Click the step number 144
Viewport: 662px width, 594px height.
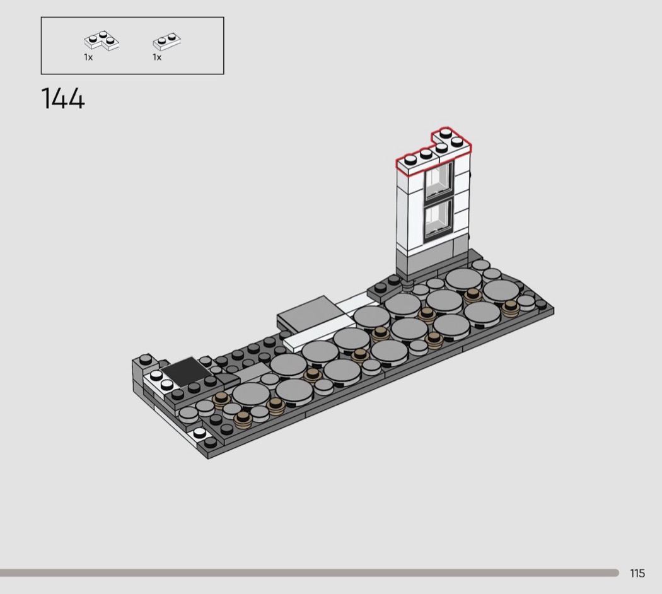pos(63,99)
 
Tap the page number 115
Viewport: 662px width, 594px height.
pos(637,573)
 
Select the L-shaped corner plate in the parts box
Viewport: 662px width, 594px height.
pos(102,40)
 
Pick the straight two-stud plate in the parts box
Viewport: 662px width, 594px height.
pos(167,40)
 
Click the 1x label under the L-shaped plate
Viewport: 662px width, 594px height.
pos(88,57)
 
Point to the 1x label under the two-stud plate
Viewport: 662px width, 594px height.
pos(157,57)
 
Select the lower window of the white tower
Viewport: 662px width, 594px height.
pos(439,220)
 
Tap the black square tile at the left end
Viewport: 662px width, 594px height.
pos(186,370)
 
